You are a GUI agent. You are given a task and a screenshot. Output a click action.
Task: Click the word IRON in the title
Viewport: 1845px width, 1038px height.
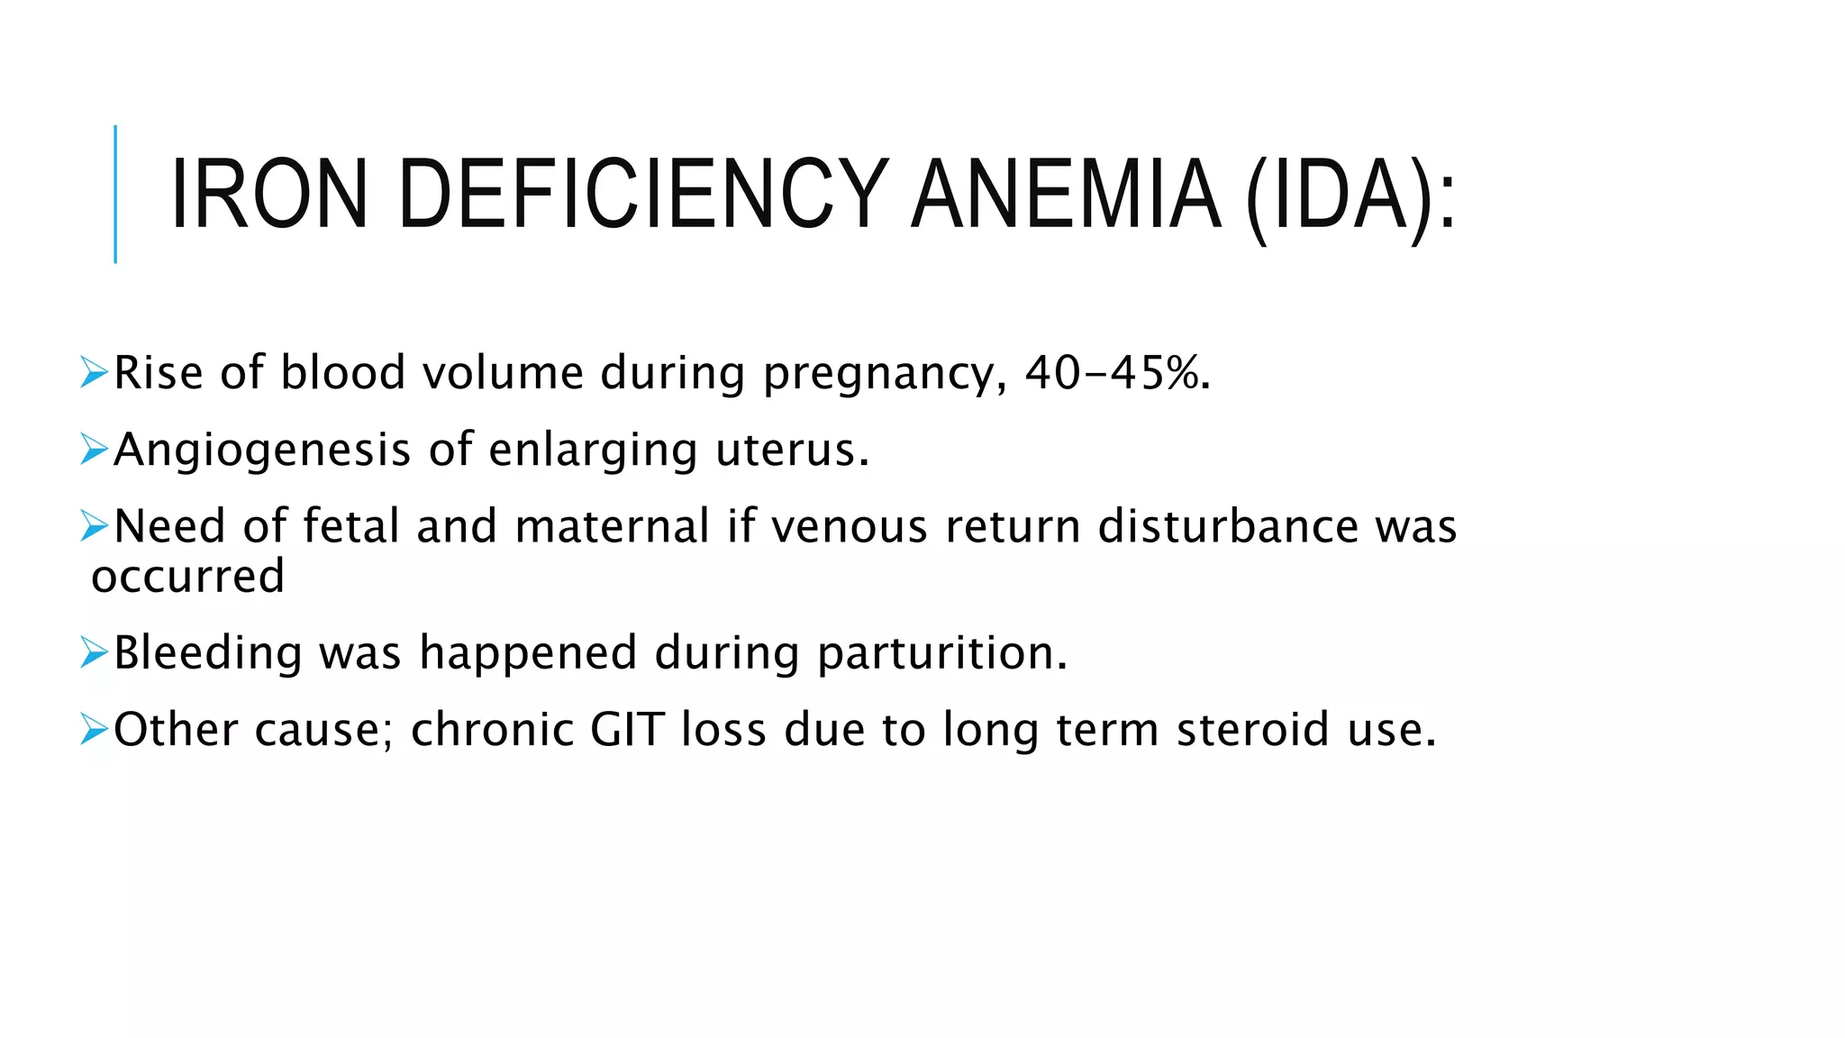[268, 195]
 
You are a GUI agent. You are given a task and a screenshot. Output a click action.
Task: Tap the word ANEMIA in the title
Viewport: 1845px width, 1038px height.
[1067, 195]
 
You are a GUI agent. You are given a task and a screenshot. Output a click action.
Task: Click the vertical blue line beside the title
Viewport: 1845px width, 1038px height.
[115, 194]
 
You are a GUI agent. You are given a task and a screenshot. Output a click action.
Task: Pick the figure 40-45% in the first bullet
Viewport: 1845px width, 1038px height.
[1117, 372]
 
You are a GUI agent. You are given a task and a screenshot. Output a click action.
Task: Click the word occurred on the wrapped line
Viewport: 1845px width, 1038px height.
[187, 577]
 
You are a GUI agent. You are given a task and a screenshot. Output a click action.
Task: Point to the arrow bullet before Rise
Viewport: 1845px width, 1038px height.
[94, 371]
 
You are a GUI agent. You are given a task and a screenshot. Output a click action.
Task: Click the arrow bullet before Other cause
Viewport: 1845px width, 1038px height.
[94, 728]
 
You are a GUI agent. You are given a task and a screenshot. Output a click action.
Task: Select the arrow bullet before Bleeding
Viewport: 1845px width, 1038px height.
[94, 651]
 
